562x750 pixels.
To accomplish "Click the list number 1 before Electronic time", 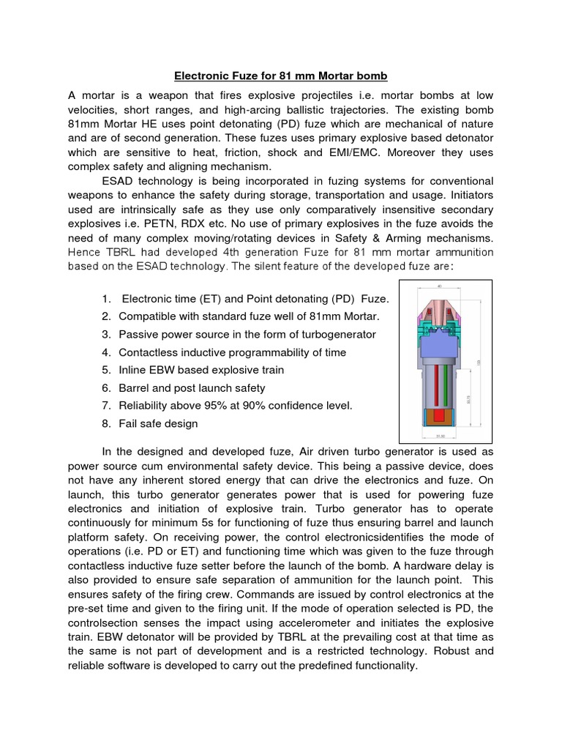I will [x=107, y=299].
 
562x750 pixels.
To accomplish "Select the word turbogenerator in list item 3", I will [x=339, y=334].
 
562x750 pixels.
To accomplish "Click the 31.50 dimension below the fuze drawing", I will [x=441, y=437].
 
